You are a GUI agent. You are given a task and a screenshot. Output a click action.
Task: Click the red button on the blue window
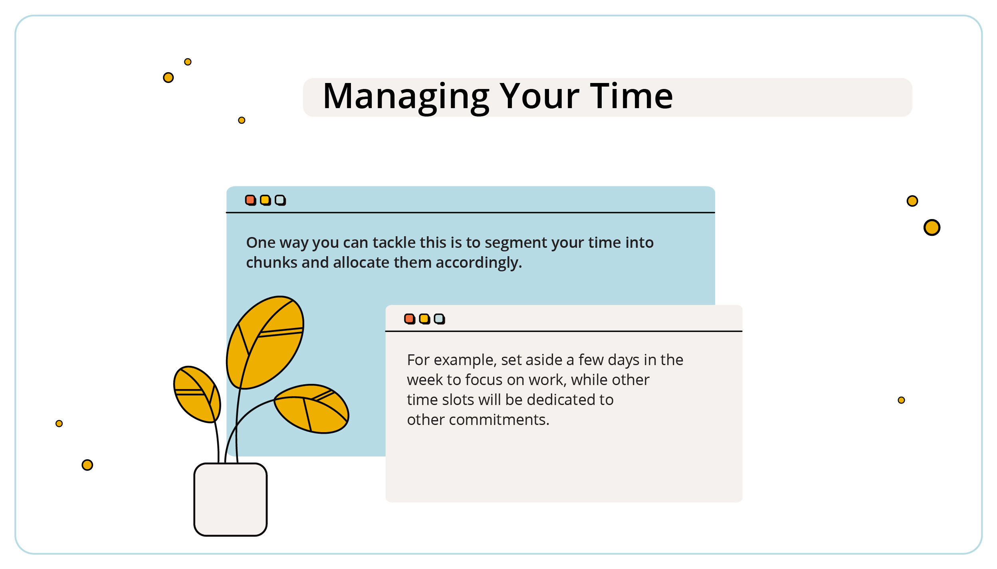point(250,200)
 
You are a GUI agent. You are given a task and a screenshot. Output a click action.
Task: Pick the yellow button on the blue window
point(265,200)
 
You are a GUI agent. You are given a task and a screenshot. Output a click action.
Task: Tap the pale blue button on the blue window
point(280,200)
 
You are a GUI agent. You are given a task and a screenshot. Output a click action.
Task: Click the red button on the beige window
point(410,319)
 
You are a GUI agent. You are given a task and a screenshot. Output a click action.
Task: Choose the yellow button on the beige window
point(424,319)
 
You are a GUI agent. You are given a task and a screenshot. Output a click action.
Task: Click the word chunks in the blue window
point(272,263)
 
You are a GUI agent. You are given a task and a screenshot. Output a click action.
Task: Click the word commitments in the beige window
point(499,420)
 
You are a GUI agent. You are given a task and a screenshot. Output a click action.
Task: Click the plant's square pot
point(230,499)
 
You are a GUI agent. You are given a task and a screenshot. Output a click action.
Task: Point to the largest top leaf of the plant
point(265,342)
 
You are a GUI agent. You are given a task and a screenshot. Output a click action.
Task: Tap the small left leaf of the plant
point(197,394)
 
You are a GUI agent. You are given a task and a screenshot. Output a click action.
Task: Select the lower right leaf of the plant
point(311,409)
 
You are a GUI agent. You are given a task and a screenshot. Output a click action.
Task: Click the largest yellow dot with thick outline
point(932,227)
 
